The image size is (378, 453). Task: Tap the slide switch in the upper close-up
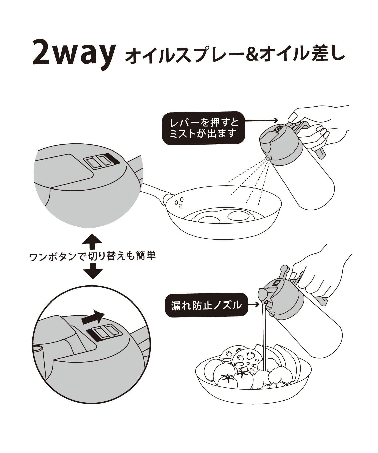(100, 161)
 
